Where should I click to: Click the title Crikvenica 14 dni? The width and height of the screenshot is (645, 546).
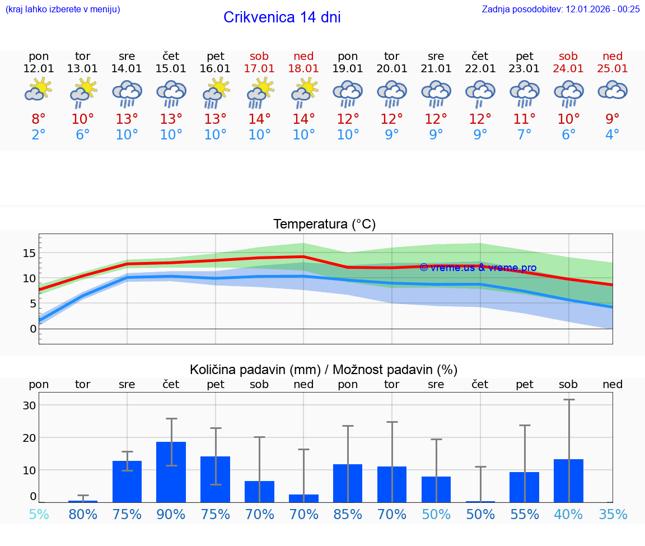(x=282, y=17)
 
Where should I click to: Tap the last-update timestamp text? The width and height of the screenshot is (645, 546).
(x=560, y=9)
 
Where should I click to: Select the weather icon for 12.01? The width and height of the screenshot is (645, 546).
(x=39, y=90)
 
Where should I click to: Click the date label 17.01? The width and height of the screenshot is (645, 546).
(x=259, y=68)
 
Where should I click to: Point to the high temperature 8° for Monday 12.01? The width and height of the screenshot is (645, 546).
(x=39, y=119)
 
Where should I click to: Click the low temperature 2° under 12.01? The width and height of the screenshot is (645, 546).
(x=39, y=135)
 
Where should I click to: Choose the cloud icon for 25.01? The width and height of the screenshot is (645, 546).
(x=613, y=90)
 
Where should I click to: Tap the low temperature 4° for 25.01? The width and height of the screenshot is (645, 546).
(x=613, y=135)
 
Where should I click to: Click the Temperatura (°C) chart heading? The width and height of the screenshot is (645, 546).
(x=324, y=224)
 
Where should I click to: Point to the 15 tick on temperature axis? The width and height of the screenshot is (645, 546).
(x=29, y=253)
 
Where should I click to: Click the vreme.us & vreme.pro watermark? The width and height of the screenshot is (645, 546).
(x=478, y=268)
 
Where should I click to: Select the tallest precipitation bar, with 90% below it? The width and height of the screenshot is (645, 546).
(x=171, y=472)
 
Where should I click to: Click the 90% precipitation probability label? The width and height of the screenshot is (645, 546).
(x=171, y=514)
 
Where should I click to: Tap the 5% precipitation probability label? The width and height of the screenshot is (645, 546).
(x=39, y=514)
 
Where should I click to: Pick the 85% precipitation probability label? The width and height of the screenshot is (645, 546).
(x=348, y=514)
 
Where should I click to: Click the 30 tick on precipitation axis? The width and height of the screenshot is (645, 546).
(x=29, y=405)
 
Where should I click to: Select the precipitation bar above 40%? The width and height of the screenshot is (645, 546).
(x=568, y=480)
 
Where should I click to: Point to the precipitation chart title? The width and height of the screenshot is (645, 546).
(x=324, y=370)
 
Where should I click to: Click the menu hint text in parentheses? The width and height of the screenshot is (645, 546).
(x=63, y=9)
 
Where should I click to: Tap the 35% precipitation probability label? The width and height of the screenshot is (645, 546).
(x=613, y=514)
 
